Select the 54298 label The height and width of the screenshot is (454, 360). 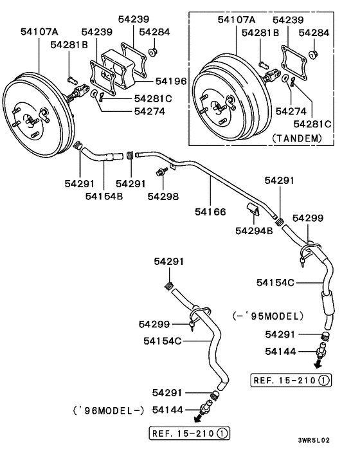click(163, 195)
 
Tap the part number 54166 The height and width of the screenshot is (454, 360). click(211, 211)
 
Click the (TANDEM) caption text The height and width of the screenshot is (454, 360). click(296, 137)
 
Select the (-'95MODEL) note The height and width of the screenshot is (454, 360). click(265, 315)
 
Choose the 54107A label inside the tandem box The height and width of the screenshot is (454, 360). click(236, 20)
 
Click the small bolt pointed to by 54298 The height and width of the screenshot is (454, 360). click(160, 172)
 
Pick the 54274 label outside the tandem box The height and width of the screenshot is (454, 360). click(149, 111)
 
